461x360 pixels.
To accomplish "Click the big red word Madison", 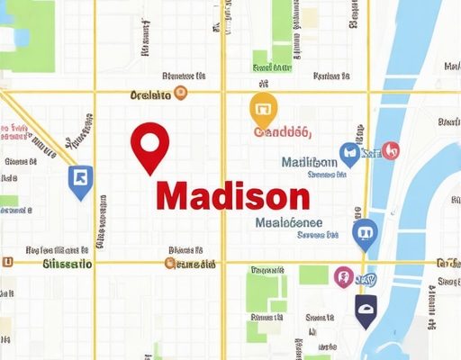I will pos(232,194).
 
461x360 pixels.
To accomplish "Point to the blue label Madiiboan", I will pos(309,163).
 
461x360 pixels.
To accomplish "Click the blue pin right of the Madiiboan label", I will pos(349,154).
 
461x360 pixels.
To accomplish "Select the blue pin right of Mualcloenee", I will pos(365,233).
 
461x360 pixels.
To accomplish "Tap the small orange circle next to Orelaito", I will pos(181,93).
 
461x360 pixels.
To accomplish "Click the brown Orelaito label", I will pos(151,94).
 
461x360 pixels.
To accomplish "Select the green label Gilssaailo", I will pos(68,264).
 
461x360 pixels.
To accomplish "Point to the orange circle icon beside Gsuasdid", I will pos(170,264).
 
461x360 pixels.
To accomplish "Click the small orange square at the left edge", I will pos(7,263).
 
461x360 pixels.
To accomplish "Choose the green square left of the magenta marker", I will pos(313,274).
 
